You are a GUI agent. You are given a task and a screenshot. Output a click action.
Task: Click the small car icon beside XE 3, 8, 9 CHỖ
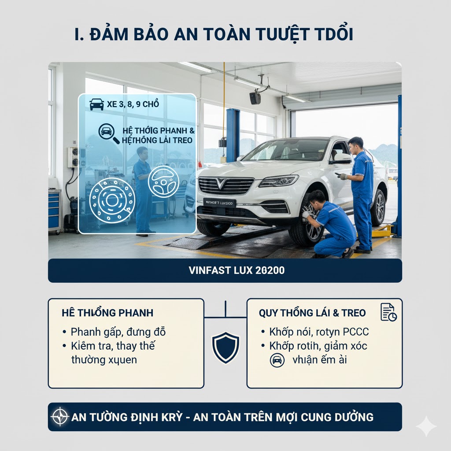(x=97, y=104)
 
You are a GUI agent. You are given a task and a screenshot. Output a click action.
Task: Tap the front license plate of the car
(x=220, y=203)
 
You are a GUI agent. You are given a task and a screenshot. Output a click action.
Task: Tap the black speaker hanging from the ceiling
(x=255, y=98)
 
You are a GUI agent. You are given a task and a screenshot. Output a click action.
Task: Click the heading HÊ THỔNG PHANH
(x=108, y=313)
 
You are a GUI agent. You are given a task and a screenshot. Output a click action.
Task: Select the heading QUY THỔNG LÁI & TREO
(x=312, y=313)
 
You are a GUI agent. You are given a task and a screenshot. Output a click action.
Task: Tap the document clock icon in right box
(x=388, y=312)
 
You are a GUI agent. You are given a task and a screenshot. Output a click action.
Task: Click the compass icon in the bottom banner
(x=59, y=417)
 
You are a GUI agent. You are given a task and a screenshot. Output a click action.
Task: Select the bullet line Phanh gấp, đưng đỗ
(x=118, y=332)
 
